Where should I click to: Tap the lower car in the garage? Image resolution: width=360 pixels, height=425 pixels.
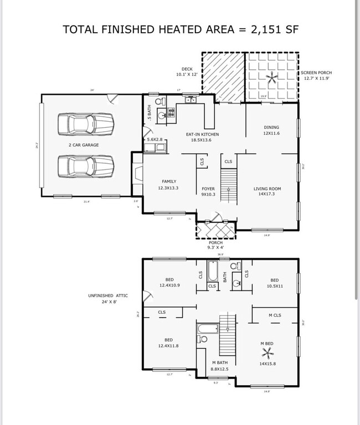pyautogui.click(x=86, y=165)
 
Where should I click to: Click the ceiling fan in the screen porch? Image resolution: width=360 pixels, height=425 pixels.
pyautogui.click(x=271, y=77)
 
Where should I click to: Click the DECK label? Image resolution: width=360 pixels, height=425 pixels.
pyautogui.click(x=187, y=69)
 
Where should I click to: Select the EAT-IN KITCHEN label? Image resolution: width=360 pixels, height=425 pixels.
pyautogui.click(x=202, y=134)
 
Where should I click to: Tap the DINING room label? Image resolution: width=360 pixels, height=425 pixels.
pyautogui.click(x=271, y=127)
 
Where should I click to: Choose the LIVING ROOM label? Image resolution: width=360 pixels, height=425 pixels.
pyautogui.click(x=268, y=189)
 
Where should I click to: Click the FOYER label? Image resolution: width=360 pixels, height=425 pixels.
pyautogui.click(x=208, y=189)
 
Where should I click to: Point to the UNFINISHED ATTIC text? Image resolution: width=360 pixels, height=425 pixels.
pyautogui.click(x=107, y=296)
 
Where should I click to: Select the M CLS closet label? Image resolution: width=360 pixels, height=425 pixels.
pyautogui.click(x=275, y=315)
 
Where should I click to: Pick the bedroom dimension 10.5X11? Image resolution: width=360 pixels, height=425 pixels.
pyautogui.click(x=274, y=286)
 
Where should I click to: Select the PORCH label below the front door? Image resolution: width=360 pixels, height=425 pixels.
pyautogui.click(x=215, y=242)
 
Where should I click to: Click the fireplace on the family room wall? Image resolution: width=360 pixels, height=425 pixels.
pyautogui.click(x=136, y=169)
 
